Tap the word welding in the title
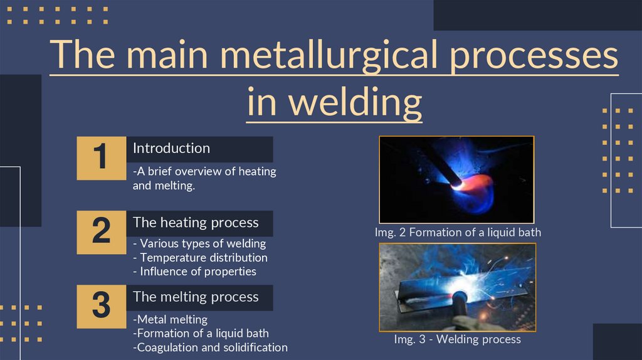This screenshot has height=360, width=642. pyautogui.click(x=355, y=102)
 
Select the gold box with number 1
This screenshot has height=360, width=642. pyautogui.click(x=102, y=158)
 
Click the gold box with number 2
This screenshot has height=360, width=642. pyautogui.click(x=102, y=232)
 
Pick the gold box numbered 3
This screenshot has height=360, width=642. pyautogui.click(x=102, y=306)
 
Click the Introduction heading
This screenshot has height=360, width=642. pyautogui.click(x=171, y=148)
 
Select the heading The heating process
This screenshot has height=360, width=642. pyautogui.click(x=196, y=223)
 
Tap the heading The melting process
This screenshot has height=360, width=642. pyautogui.click(x=196, y=297)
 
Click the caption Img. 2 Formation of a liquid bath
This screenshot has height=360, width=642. pyautogui.click(x=458, y=233)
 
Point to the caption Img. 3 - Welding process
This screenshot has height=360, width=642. pyautogui.click(x=457, y=339)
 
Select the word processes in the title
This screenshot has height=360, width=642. pyautogui.click(x=534, y=55)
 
